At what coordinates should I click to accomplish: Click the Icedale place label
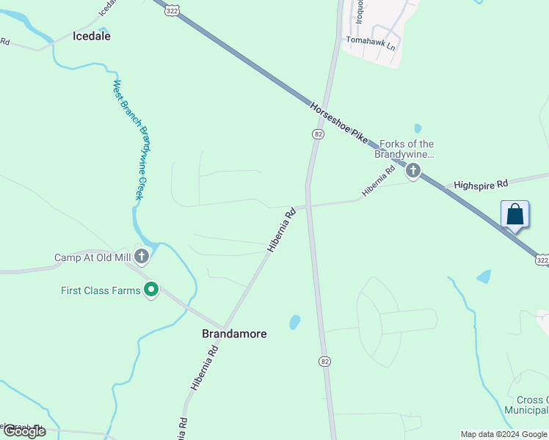pyautogui.click(x=92, y=35)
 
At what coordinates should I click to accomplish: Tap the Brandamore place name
pyautogui.click(x=234, y=334)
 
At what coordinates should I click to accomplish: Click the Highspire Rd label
pyautogui.click(x=481, y=184)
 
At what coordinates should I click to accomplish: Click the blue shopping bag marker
pyautogui.click(x=515, y=215)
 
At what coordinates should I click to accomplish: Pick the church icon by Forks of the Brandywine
pyautogui.click(x=413, y=172)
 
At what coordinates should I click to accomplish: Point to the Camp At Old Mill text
pyautogui.click(x=92, y=258)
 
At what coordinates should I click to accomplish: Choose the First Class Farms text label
pyautogui.click(x=100, y=291)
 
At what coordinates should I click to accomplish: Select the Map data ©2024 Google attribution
pyautogui.click(x=503, y=434)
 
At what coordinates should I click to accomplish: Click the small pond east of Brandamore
pyautogui.click(x=294, y=322)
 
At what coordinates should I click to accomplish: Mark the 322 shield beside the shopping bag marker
pyautogui.click(x=542, y=260)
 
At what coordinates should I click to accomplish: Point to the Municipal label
pyautogui.click(x=526, y=411)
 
